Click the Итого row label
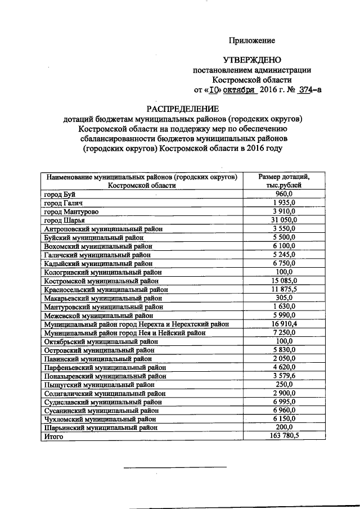coord(54,436)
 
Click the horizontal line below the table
coord(174,467)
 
